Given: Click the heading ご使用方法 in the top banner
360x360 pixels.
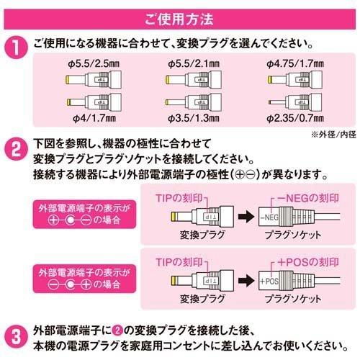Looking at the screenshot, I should [x=180, y=13].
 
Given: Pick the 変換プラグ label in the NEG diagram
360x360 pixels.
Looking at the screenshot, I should [x=191, y=235].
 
